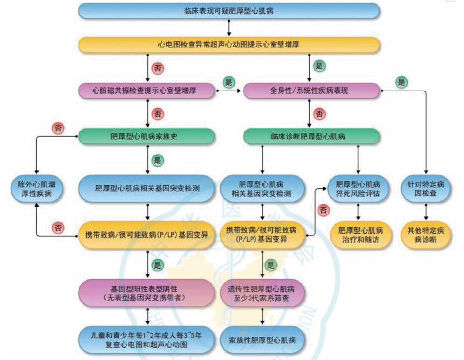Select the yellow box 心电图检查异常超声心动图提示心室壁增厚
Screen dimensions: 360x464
point(229,44)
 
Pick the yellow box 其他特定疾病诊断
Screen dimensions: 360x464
point(426,235)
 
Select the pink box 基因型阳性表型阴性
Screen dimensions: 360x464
point(147,292)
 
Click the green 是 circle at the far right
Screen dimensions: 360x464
point(401,82)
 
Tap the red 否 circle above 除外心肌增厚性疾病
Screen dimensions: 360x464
point(58,128)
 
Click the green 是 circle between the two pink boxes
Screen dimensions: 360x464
point(229,82)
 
